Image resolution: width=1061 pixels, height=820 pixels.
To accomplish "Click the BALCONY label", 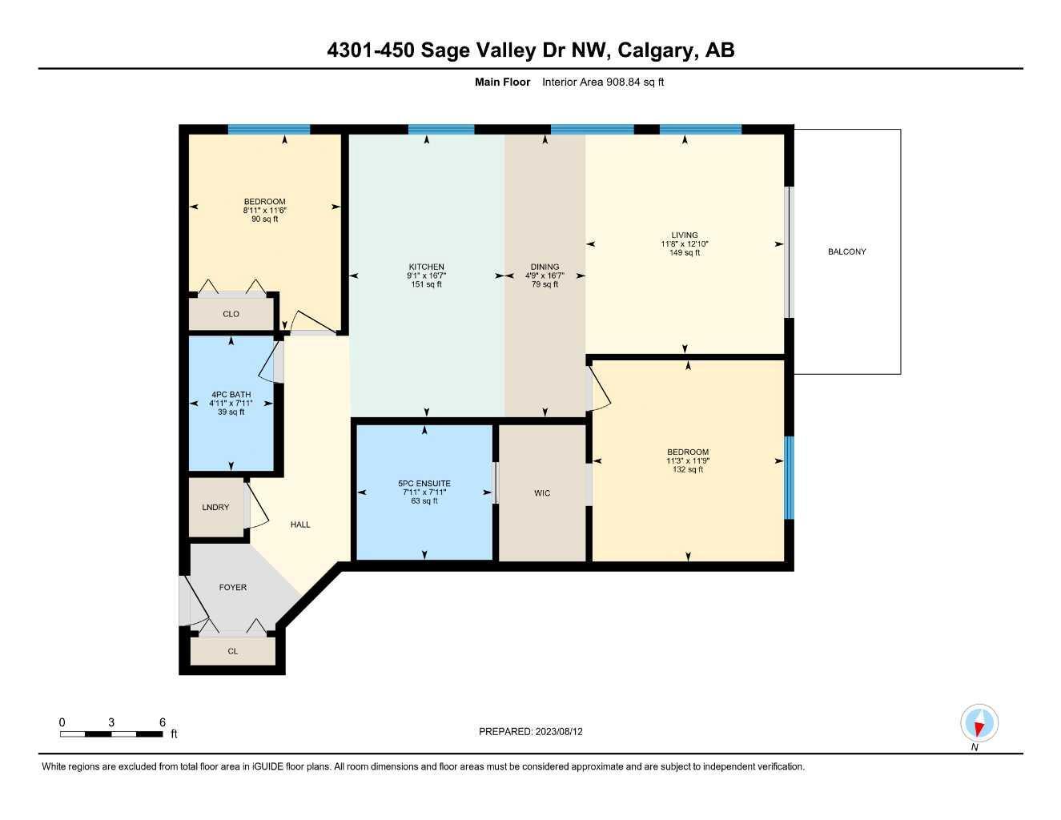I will pyautogui.click(x=846, y=251).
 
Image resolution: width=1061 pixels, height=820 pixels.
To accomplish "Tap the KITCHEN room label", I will pyautogui.click(x=426, y=267).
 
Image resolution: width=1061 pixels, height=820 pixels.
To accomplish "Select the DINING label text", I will pyautogui.click(x=545, y=267).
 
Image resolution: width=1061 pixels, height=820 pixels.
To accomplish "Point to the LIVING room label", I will pyautogui.click(x=685, y=235).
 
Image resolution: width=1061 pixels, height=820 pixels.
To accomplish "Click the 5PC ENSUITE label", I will pyautogui.click(x=424, y=484).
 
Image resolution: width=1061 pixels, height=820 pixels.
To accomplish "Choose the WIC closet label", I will pyautogui.click(x=542, y=493).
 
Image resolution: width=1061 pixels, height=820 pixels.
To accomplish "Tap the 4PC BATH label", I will pyautogui.click(x=231, y=395).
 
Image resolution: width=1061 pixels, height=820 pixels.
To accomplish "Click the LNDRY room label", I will pyautogui.click(x=215, y=508).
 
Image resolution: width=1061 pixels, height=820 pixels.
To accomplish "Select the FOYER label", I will pyautogui.click(x=233, y=588).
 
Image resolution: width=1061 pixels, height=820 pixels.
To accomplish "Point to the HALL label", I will pyautogui.click(x=300, y=525).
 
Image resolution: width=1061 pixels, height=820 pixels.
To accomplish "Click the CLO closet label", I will pyautogui.click(x=231, y=314).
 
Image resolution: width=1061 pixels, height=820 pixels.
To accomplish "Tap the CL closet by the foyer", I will pyautogui.click(x=233, y=652).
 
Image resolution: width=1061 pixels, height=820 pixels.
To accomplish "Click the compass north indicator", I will pyautogui.click(x=979, y=725).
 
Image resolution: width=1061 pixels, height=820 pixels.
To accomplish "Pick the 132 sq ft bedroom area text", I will pyautogui.click(x=687, y=470).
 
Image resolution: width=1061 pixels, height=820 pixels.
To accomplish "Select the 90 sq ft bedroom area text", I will pyautogui.click(x=264, y=219).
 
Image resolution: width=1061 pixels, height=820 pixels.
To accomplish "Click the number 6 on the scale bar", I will pyautogui.click(x=163, y=722).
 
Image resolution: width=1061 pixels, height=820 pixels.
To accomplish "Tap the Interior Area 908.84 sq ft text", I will pyautogui.click(x=603, y=82).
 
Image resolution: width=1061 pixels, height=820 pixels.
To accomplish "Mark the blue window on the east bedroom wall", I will pyautogui.click(x=789, y=477).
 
